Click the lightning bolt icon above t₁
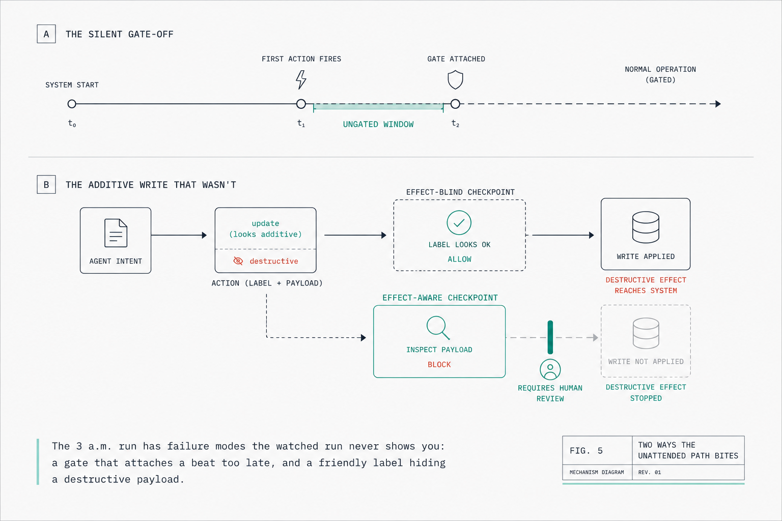pos(301,79)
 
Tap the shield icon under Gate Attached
pos(455,79)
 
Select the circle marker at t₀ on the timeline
pos(72,104)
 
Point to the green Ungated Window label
pos(378,124)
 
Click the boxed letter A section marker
pos(46,34)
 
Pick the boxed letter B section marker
pos(46,184)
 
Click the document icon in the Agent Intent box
pos(116,233)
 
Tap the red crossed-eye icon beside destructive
pos(238,260)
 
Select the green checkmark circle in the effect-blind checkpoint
pos(459,223)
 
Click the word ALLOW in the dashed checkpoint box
pos(459,259)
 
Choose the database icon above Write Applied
pos(646,227)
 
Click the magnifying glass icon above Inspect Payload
pos(438,328)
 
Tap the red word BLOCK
pos(439,364)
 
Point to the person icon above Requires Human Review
pos(550,369)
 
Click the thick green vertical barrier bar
pos(550,337)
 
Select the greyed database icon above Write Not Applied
pos(646,333)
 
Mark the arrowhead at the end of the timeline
pos(718,104)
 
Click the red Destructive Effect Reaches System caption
pos(646,285)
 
